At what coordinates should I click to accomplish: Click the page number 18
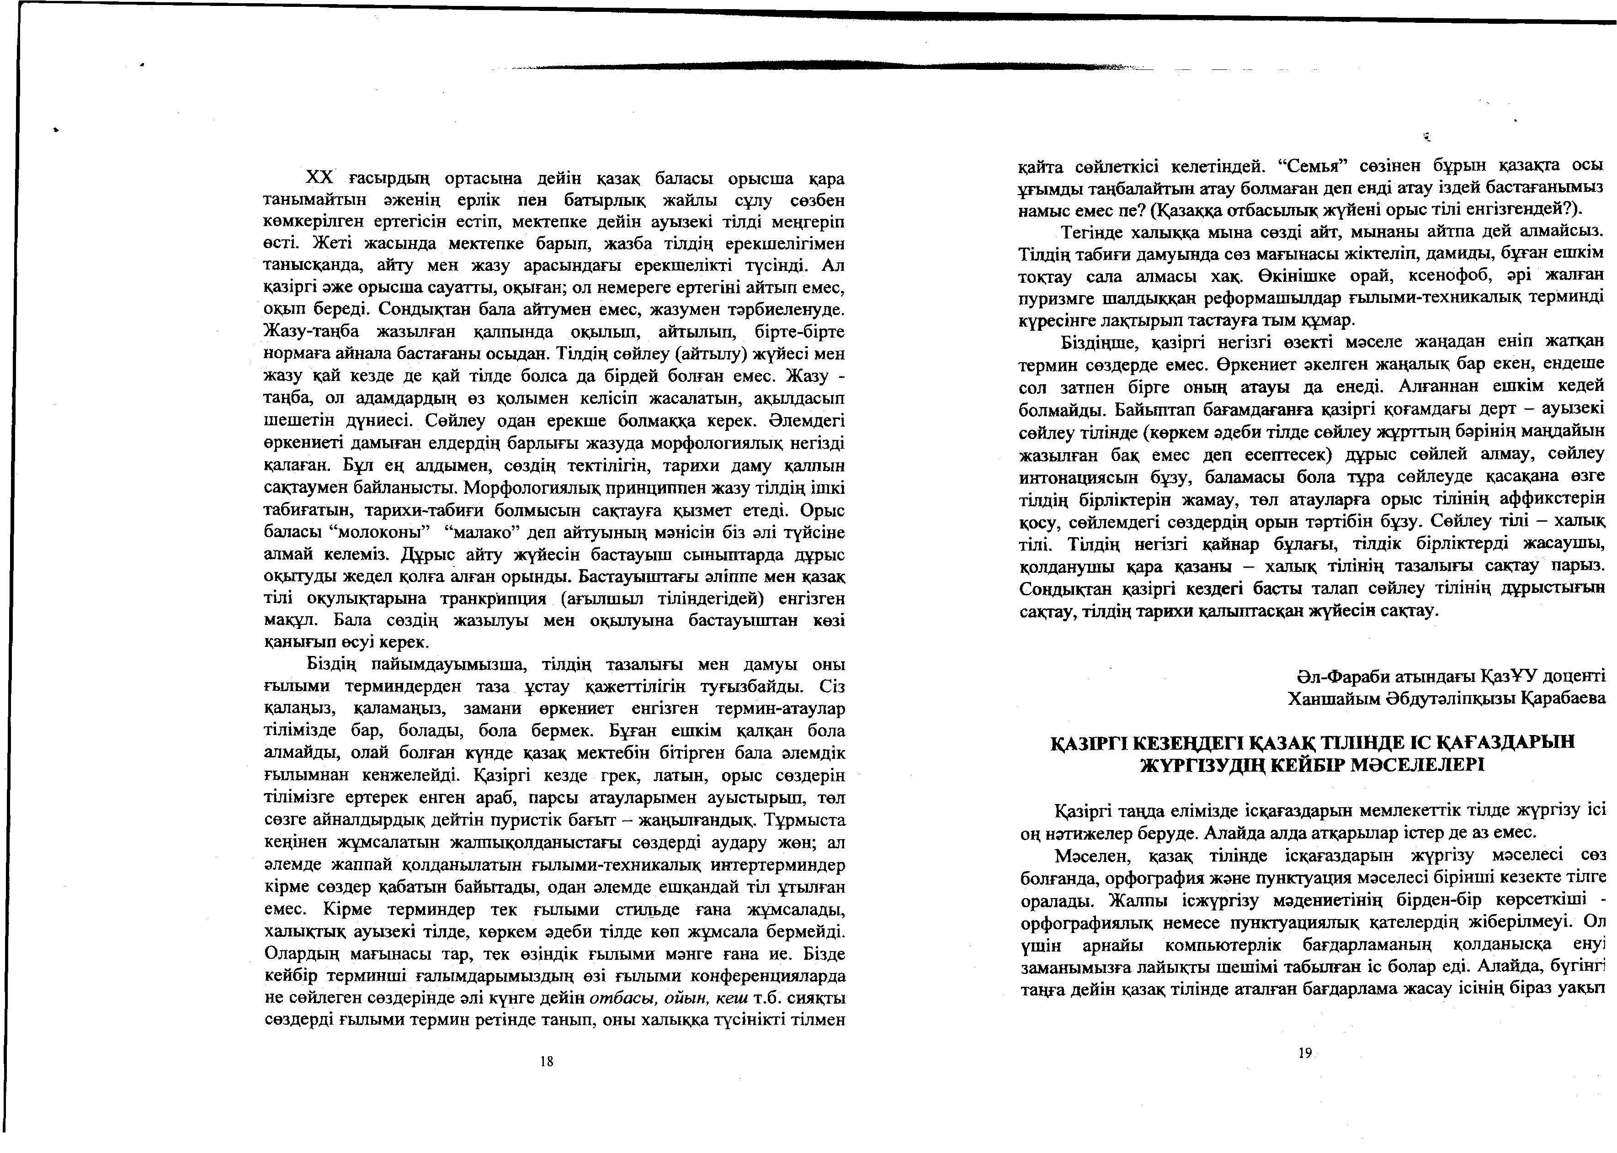tap(546, 1062)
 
